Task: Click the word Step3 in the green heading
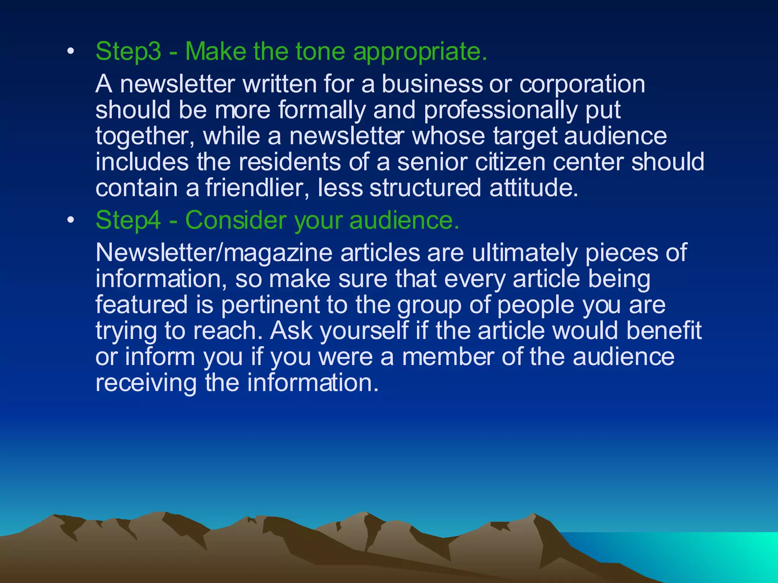128,51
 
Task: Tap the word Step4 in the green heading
128,220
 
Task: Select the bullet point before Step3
70,52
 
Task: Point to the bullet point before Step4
70,221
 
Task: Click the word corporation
582,84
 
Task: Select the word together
145,136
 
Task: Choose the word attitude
534,188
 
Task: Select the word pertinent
270,305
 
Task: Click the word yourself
364,331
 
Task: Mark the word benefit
664,331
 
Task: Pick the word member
448,357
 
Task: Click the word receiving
146,383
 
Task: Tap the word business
432,84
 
